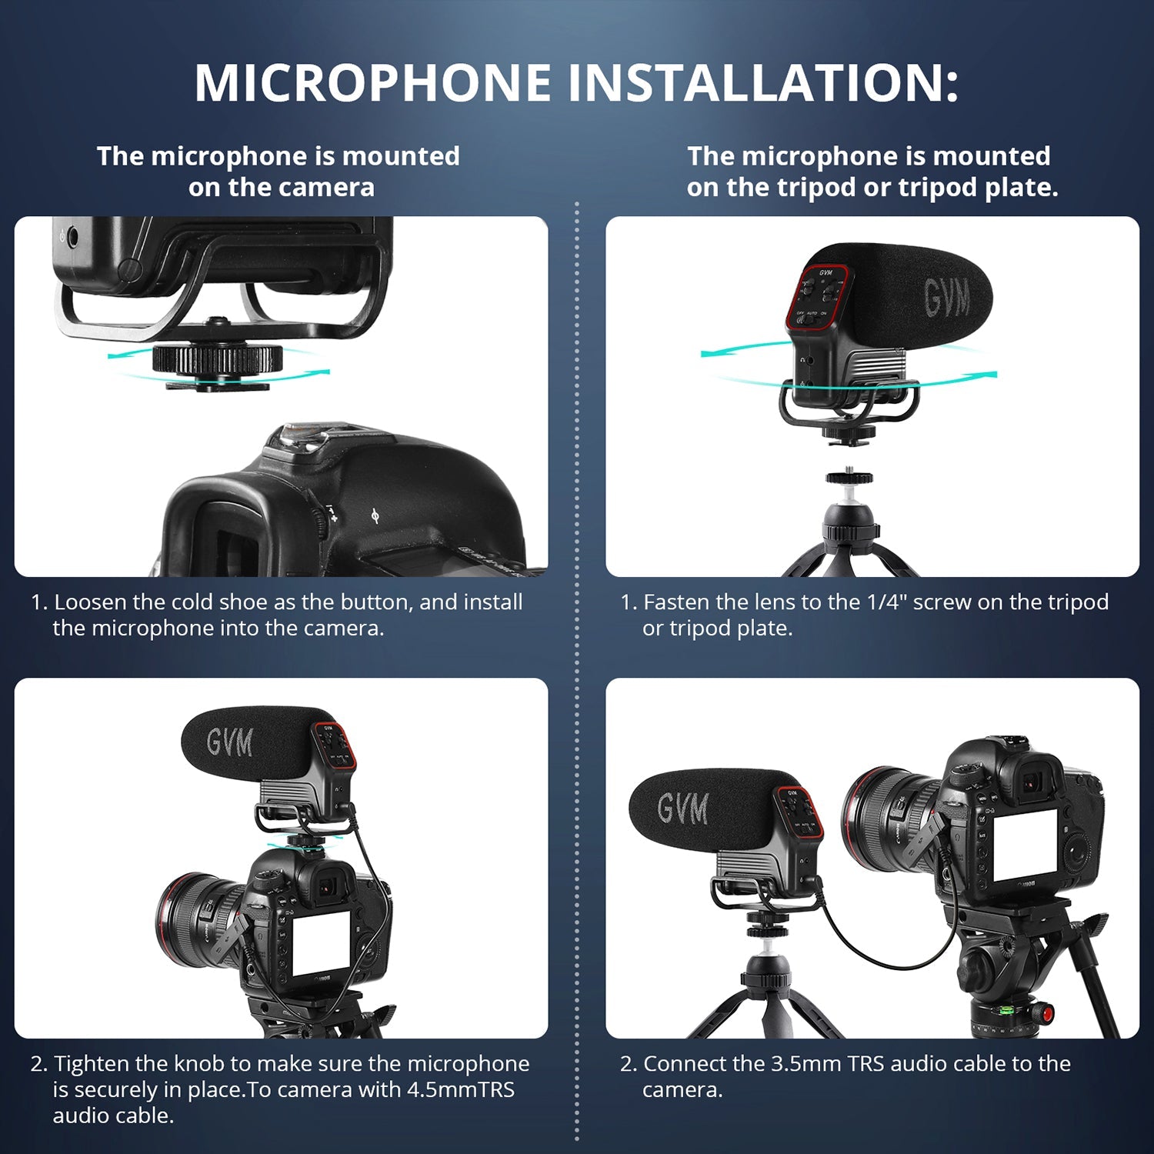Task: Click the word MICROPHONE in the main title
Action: pyautogui.click(x=373, y=82)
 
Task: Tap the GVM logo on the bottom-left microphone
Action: pyautogui.click(x=229, y=742)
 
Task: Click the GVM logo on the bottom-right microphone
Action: pyautogui.click(x=682, y=809)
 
